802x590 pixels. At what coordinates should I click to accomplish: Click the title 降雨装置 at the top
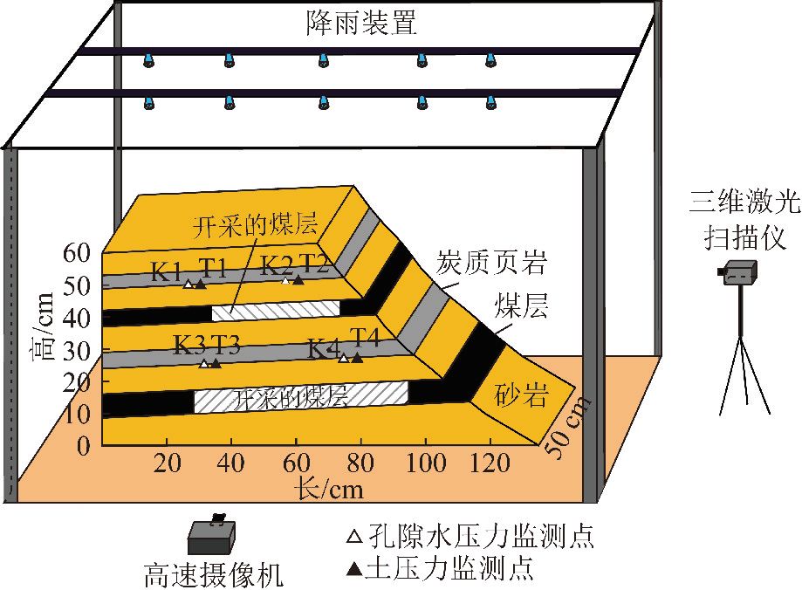pos(361,23)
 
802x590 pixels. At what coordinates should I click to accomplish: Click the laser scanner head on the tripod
pos(737,272)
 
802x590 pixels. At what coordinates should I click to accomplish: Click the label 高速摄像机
pos(214,574)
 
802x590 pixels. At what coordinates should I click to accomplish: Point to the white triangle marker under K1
pos(189,284)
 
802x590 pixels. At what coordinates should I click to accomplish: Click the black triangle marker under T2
pos(298,279)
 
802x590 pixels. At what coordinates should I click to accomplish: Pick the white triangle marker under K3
pos(204,364)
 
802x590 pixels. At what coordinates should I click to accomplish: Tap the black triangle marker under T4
pos(357,358)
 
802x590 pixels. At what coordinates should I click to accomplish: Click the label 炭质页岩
pos(491,262)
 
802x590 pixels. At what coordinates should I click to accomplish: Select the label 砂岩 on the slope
pos(522,395)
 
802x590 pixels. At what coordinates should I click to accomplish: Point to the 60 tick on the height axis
pos(77,251)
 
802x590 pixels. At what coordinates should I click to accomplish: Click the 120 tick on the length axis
pos(490,463)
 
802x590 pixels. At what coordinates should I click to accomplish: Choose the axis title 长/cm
pos(329,489)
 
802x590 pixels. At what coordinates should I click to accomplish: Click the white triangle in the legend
pos(354,537)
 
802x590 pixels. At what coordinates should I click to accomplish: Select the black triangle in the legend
pos(354,568)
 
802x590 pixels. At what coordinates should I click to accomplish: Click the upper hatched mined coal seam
pos(276,310)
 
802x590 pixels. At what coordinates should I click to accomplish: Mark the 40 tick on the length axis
pos(230,463)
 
